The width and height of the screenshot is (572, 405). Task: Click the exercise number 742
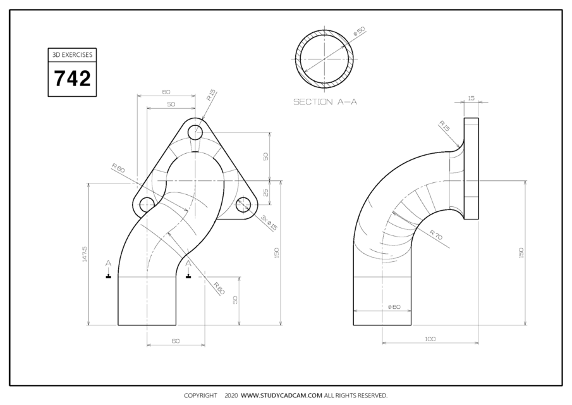[x=72, y=79]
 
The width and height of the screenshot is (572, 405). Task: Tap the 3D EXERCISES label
[x=72, y=55]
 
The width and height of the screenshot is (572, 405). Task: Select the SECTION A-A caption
[x=325, y=101]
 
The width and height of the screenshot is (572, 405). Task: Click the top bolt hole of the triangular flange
[x=196, y=132]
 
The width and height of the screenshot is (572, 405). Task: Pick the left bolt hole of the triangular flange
[x=147, y=204]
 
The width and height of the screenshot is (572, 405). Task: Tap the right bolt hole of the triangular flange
[x=244, y=204]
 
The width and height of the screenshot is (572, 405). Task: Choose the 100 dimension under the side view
[x=430, y=339]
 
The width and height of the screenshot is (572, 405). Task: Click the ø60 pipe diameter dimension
[x=394, y=307]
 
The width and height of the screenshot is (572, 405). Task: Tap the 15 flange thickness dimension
[x=471, y=98]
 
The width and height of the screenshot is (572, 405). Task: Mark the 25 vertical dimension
[x=266, y=192]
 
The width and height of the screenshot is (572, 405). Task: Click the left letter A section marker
[x=109, y=263]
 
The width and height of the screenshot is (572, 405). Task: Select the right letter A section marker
[x=188, y=263]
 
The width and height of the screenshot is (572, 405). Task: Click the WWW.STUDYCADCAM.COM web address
[x=282, y=396]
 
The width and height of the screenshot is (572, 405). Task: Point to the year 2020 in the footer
[x=231, y=396]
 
